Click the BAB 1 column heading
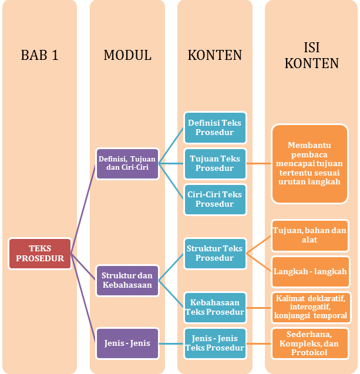pos(39,55)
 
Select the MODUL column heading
pos(127,55)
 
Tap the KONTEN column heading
pos(215,55)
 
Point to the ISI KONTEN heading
pos(312,55)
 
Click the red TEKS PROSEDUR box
pos(40,253)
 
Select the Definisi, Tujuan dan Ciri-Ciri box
pos(127,163)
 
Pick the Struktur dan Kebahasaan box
pos(127,280)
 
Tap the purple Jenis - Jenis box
pos(127,343)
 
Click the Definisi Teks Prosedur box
pos(214,127)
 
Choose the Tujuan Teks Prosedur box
pos(214,163)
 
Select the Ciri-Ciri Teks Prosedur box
pos(214,199)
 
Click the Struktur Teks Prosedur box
pos(214,253)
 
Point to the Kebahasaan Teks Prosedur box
pos(214,307)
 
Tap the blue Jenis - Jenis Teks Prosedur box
pos(214,343)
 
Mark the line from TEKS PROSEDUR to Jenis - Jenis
pos(84,299)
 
